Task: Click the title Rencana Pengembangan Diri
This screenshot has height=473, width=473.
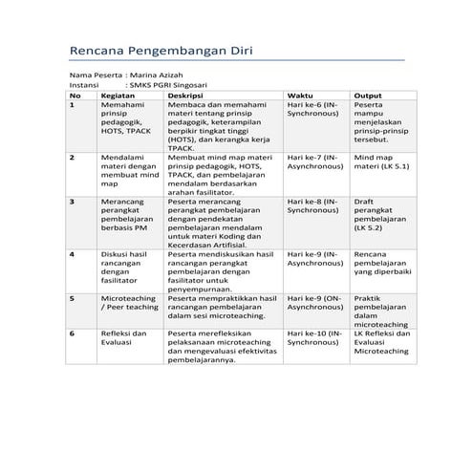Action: pos(162,51)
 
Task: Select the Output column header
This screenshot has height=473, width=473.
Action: pos(368,96)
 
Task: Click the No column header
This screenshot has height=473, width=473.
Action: pos(75,96)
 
